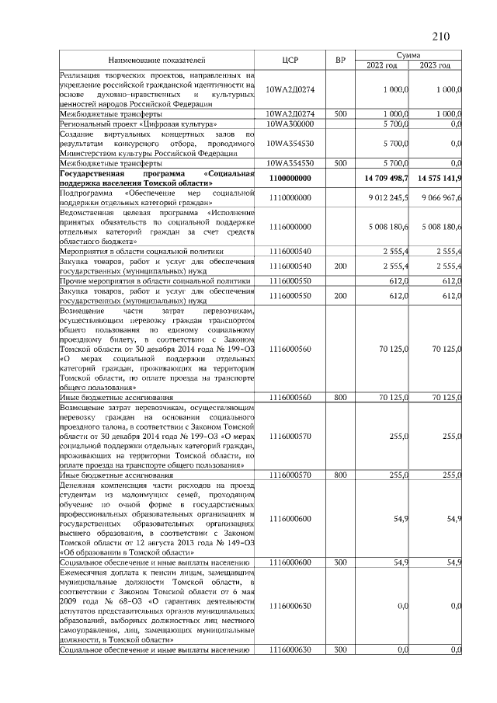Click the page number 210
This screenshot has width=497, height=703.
click(x=441, y=37)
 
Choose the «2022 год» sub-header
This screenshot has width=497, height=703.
click(x=383, y=64)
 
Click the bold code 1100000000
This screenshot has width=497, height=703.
click(x=290, y=179)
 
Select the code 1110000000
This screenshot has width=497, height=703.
click(x=290, y=198)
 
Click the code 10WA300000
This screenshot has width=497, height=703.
click(x=290, y=124)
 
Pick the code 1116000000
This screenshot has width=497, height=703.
click(x=290, y=227)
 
